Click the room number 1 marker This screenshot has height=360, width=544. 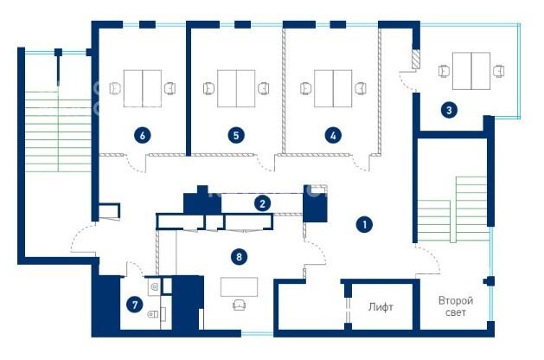coord(364,225)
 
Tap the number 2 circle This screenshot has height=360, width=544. coord(262,203)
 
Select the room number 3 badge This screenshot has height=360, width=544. coord(449,111)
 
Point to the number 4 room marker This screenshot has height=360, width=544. coord(333,135)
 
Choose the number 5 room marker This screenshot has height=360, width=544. coord(236,135)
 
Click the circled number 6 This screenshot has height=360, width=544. coord(142,135)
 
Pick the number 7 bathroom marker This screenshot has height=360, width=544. coord(135,305)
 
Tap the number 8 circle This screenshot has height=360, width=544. coord(239,257)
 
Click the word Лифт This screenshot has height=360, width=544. coord(381,307)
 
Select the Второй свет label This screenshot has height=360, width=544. coord(456,306)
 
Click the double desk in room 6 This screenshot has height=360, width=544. coord(143,88)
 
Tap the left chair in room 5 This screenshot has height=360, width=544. coord(208,88)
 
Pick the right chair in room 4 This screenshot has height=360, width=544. coord(361,88)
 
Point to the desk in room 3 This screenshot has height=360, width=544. coord(471,71)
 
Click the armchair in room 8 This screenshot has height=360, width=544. coord(239,305)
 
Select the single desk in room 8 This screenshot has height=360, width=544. coord(239,286)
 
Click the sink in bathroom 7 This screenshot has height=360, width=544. coord(155,286)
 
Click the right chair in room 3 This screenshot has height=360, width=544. coord(498,71)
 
